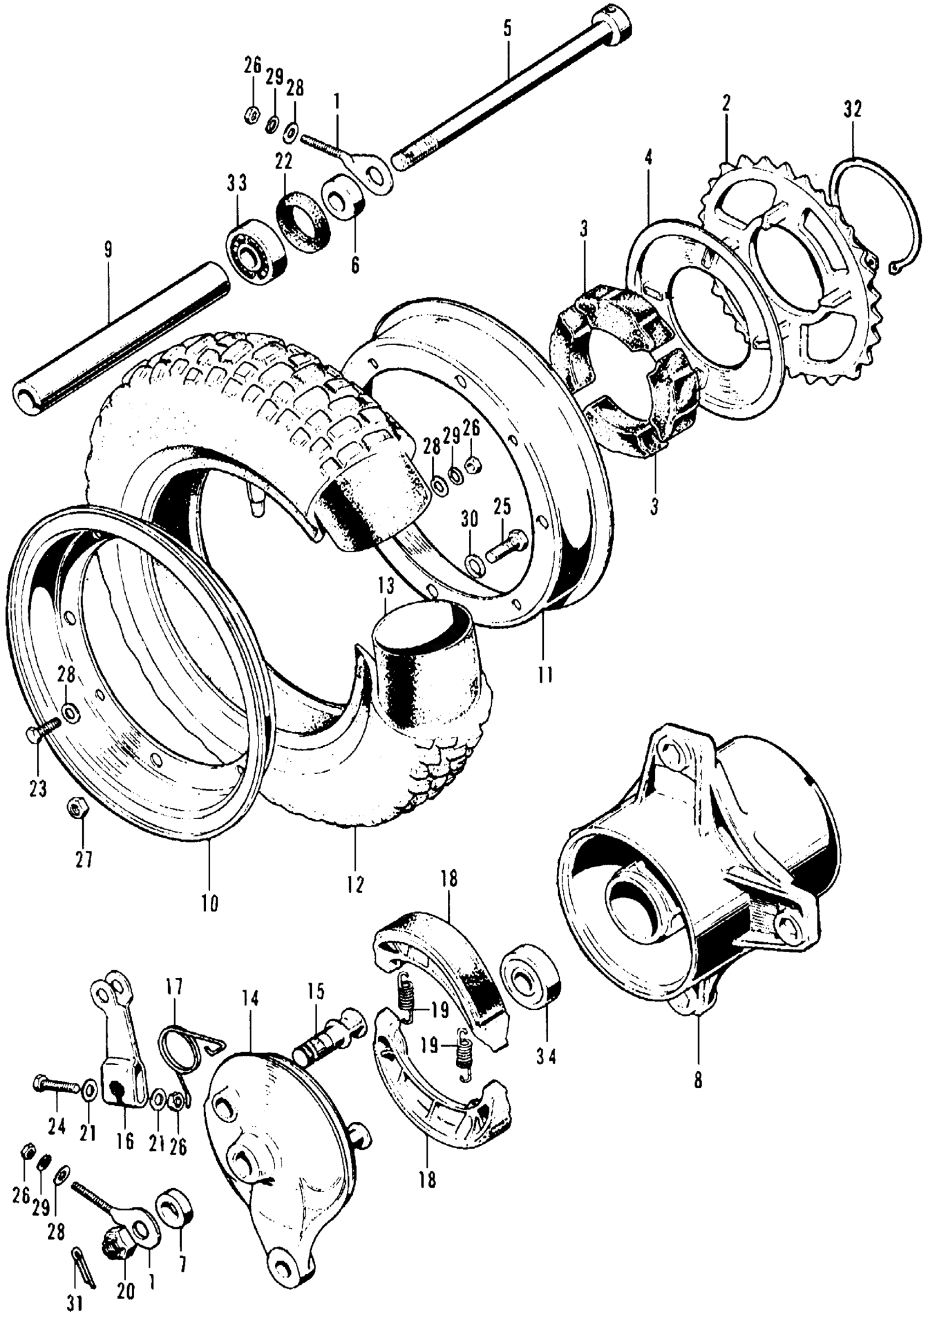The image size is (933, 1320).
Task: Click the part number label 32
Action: coord(853,109)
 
